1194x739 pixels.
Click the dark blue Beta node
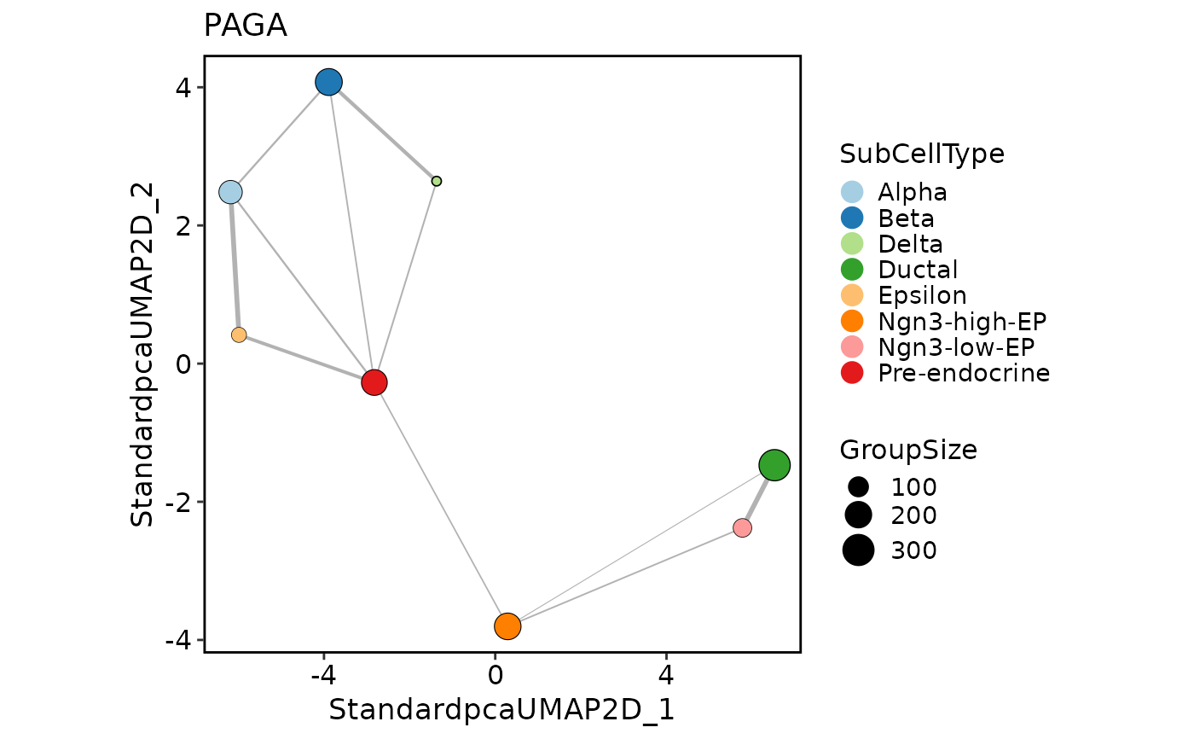click(328, 82)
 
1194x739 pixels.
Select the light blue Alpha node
click(230, 192)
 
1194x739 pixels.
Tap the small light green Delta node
click(437, 181)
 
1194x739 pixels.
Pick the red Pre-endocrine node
click(374, 382)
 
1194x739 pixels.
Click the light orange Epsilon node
click(239, 335)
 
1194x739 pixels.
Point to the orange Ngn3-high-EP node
click(507, 626)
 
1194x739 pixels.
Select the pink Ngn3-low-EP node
click(742, 528)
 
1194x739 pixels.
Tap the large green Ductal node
click(774, 465)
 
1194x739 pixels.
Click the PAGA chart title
click(245, 26)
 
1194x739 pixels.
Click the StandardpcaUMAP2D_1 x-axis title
click(501, 710)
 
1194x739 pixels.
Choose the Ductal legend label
click(918, 270)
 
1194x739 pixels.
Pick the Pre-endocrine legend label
click(964, 373)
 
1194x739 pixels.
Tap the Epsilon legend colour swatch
click(852, 295)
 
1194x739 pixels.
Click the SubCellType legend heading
click(922, 154)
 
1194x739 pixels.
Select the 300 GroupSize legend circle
click(858, 550)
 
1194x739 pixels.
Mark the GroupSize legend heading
click(908, 450)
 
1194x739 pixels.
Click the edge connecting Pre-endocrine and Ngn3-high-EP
click(441, 504)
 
